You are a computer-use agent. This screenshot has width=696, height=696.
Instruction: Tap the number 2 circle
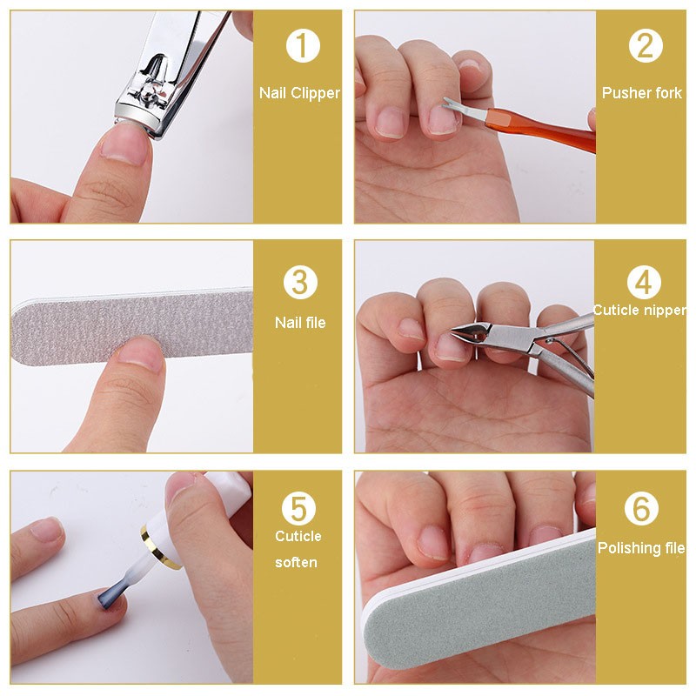point(644,45)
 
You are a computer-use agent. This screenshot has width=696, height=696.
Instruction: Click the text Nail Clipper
point(299,93)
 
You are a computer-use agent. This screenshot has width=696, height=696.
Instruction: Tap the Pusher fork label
point(642,92)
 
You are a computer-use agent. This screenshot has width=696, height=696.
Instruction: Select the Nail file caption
point(300,323)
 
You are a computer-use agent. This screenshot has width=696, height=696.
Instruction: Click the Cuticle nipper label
point(639,310)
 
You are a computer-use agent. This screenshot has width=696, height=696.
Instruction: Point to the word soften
point(297,562)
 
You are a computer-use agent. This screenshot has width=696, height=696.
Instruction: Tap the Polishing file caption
point(641,548)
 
